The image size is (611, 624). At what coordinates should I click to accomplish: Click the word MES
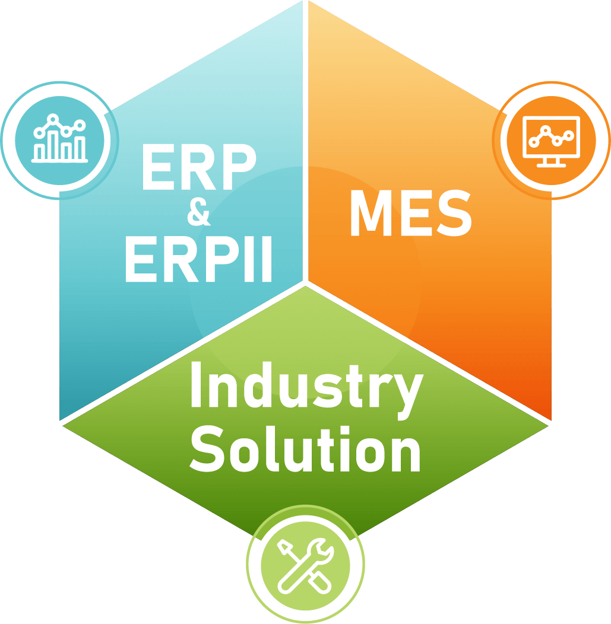coord(410,214)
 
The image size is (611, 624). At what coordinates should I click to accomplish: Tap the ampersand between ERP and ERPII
coord(198,214)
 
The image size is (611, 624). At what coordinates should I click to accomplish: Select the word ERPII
coord(198,259)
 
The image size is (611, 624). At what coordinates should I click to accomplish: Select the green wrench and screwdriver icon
coord(305,564)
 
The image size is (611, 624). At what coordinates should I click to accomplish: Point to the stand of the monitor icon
coord(550,161)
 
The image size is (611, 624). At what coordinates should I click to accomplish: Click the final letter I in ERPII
coord(267,259)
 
